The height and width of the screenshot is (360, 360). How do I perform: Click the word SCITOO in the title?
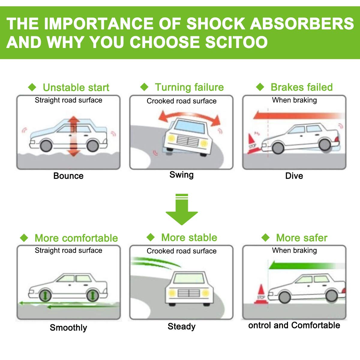pos(236,42)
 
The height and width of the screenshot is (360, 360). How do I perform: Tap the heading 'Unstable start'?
pos(76,88)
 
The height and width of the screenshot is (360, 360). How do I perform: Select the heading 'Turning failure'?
pos(189,87)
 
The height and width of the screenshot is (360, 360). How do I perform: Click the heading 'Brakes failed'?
pos(301,87)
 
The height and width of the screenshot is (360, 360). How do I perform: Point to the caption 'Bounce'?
pos(68,176)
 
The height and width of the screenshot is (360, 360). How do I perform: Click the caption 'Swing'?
pos(181,175)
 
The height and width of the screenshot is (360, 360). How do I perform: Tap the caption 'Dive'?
pos(294,176)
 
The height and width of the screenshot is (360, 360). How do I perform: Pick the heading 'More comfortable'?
pos(76,238)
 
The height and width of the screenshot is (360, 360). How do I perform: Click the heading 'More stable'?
pos(189,238)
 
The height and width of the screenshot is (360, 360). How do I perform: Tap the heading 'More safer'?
pos(301,238)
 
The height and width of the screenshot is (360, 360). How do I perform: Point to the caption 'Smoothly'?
pos(68,328)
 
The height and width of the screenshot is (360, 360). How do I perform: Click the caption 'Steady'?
pos(181,326)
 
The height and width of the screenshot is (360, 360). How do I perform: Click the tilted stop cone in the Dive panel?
pos(251,143)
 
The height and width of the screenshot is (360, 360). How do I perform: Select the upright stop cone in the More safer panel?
pos(261,295)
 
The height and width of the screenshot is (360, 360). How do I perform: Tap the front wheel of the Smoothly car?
pos(45,295)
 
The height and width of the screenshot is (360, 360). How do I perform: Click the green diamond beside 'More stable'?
pos(151,238)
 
